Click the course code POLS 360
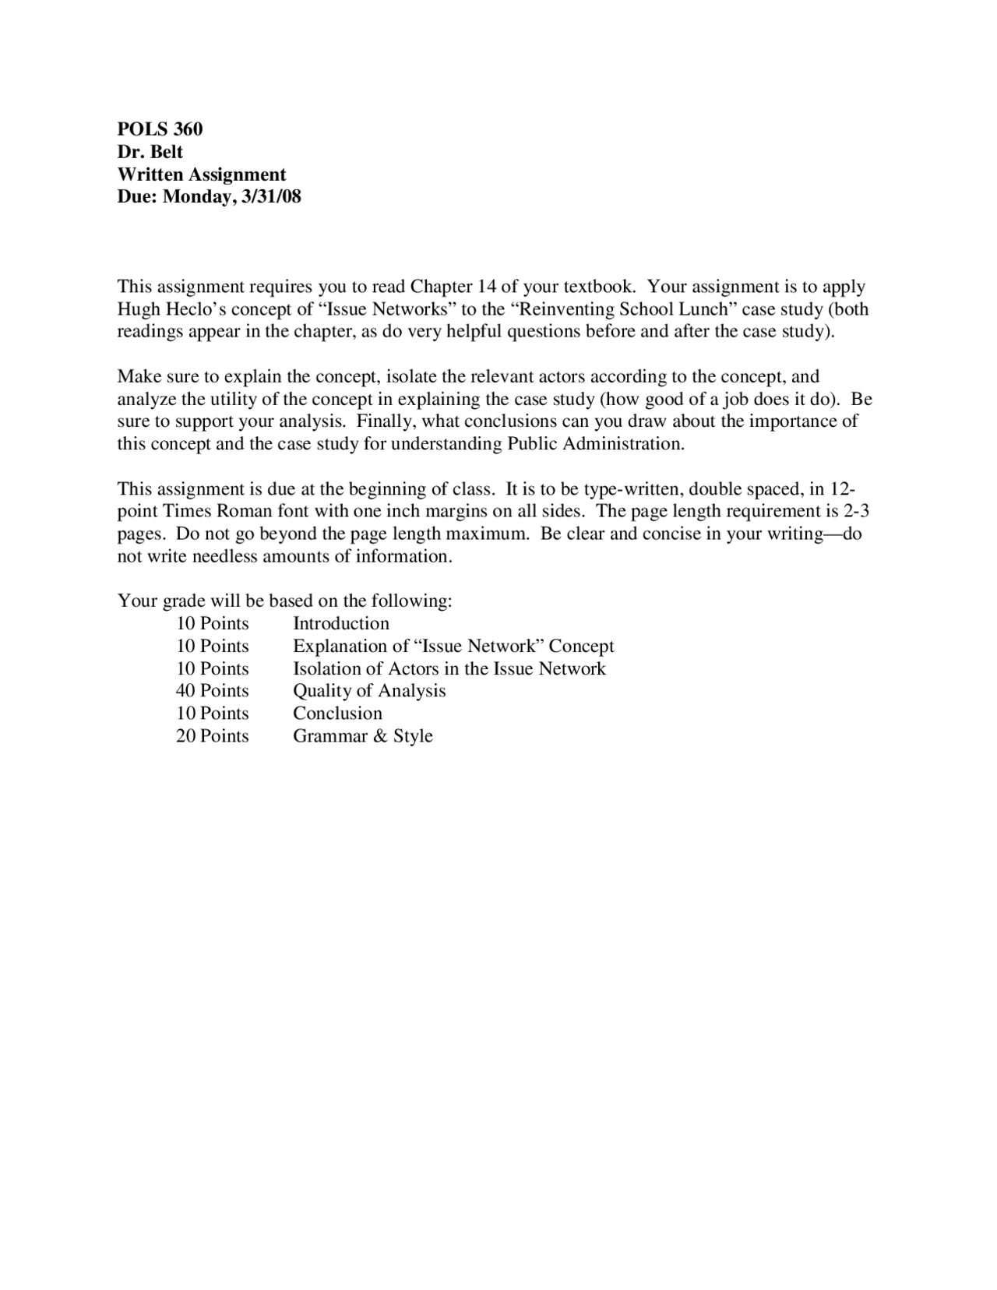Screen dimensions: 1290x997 tap(160, 129)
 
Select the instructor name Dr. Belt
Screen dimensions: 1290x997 tap(150, 151)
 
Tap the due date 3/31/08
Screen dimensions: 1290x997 tap(271, 196)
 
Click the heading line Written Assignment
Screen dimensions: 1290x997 tap(201, 174)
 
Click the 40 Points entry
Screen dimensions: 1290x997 tap(212, 691)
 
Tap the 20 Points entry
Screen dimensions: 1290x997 tap(212, 736)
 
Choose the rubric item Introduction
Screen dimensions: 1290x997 tap(340, 623)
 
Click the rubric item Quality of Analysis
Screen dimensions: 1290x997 tap(369, 691)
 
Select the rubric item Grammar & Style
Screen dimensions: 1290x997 tap(362, 736)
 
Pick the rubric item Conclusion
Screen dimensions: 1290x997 tap(337, 714)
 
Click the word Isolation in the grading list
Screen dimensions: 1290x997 tap(327, 668)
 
